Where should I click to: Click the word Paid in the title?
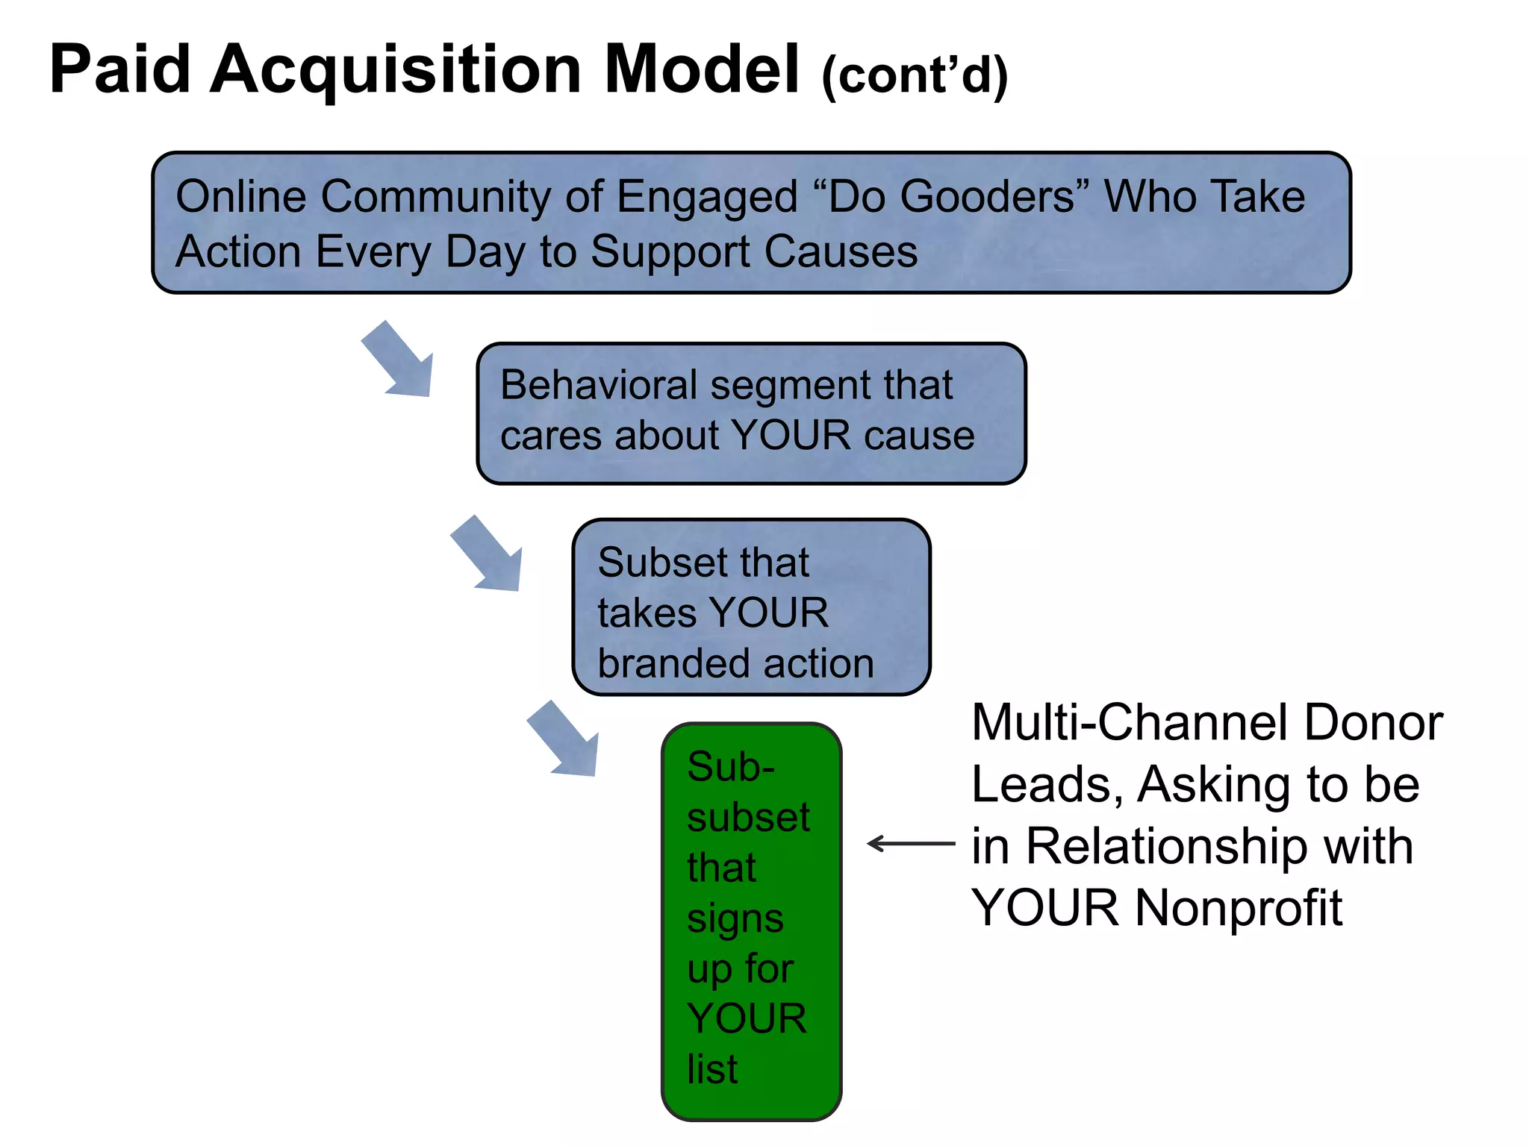pos(119,69)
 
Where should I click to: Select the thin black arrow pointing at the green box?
pos(910,844)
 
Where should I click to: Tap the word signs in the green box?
pos(735,919)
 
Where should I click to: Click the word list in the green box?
pos(711,1069)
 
